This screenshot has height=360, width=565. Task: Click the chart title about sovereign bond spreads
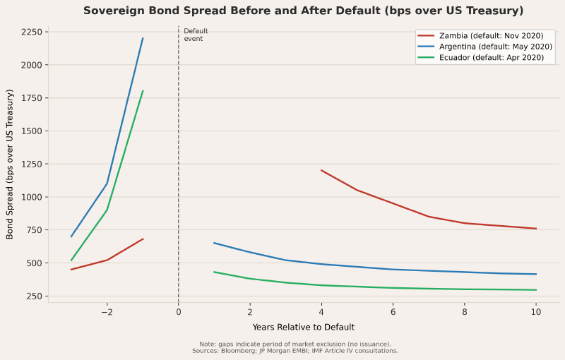coord(303,11)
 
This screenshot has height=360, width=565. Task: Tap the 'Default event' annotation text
coord(195,35)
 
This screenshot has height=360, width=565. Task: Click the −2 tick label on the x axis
coord(107,312)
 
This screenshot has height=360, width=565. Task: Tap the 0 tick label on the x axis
coord(179,312)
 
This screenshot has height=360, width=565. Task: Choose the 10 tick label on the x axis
coord(536,312)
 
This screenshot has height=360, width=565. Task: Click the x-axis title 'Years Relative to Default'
coord(303,328)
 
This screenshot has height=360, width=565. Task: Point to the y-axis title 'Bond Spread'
coord(10,164)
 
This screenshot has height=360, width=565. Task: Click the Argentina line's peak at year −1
coord(143,38)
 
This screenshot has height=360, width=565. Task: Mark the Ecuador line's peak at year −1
coord(143,91)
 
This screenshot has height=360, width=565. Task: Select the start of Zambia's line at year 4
coord(321,170)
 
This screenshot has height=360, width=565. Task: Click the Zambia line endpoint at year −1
coord(143,239)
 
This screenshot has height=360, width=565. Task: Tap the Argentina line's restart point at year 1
coord(214,243)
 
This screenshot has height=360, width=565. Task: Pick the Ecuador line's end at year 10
coord(536,290)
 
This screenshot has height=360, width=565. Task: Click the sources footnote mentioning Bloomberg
coord(295,351)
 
